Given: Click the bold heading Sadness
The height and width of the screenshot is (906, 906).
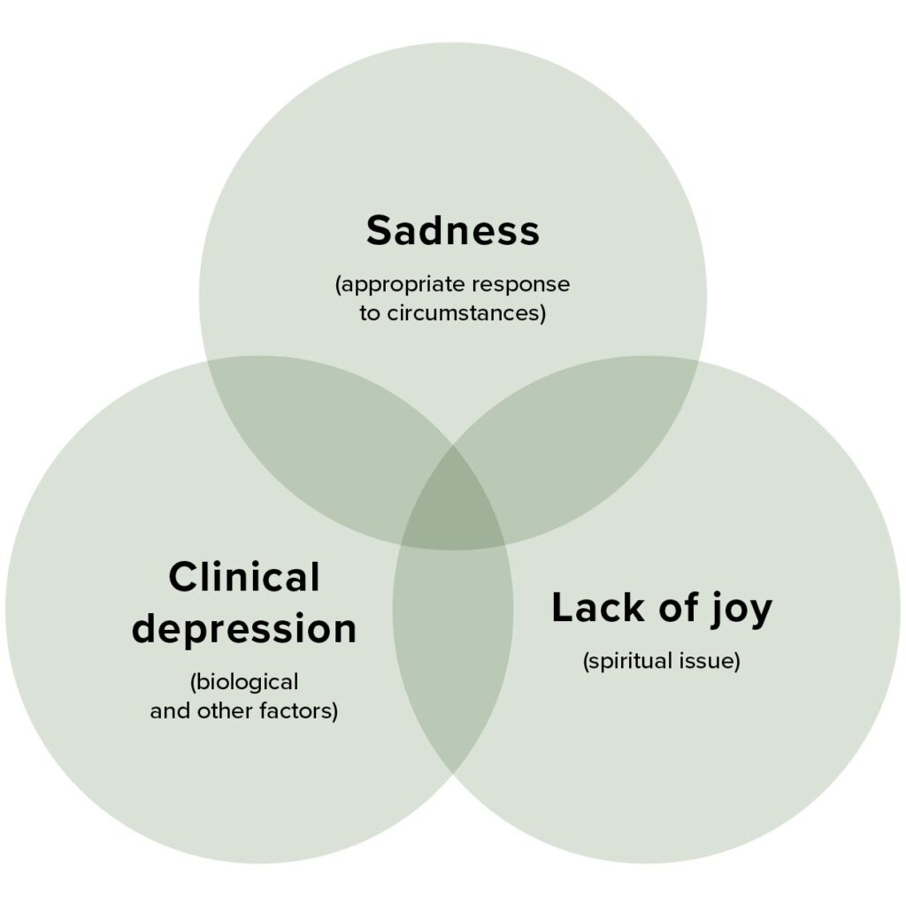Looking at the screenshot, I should (452, 231).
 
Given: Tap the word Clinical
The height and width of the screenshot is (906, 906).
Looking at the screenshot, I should (243, 578).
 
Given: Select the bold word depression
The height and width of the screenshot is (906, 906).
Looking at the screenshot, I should (243, 629).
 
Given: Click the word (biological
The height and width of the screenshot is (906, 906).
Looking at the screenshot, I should (243, 683).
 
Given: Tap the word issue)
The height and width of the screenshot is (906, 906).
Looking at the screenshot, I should (708, 661).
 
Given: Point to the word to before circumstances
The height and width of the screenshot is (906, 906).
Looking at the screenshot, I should (370, 313).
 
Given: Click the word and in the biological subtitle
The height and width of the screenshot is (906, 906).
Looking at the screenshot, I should (168, 711).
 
